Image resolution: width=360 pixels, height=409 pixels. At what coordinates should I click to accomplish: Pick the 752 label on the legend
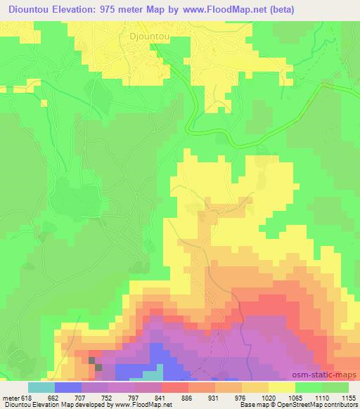pyautogui.click(x=108, y=397)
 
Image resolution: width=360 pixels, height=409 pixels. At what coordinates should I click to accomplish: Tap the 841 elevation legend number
pyautogui.click(x=160, y=397)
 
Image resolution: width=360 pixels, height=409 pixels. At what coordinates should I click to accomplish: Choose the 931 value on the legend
pyautogui.click(x=214, y=397)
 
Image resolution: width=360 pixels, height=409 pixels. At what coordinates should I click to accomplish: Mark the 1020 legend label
pyautogui.click(x=268, y=397)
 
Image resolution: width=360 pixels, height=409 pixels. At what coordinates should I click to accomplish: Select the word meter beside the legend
pyautogui.click(x=9, y=397)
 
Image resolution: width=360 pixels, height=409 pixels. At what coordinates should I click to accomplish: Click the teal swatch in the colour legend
pyautogui.click(x=41, y=387)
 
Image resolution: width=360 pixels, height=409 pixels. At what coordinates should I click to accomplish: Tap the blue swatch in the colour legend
pyautogui.click(x=68, y=387)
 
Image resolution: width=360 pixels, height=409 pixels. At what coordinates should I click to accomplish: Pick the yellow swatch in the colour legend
pyautogui.click(x=282, y=387)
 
